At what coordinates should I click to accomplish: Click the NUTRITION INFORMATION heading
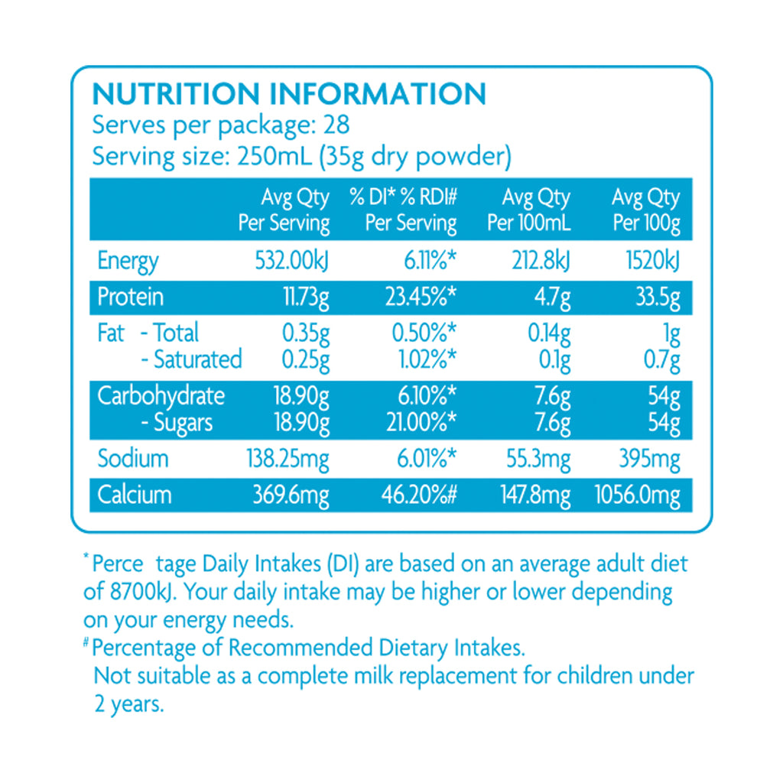coord(288,93)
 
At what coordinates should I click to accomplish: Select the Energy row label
coord(128,262)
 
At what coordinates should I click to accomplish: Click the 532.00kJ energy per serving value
coord(291,262)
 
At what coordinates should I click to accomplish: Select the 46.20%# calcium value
coord(418,495)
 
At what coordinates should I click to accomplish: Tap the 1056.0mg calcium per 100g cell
coord(637,495)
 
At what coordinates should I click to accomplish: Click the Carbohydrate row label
coord(161,396)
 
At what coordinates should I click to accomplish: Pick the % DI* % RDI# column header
coord(403,210)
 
